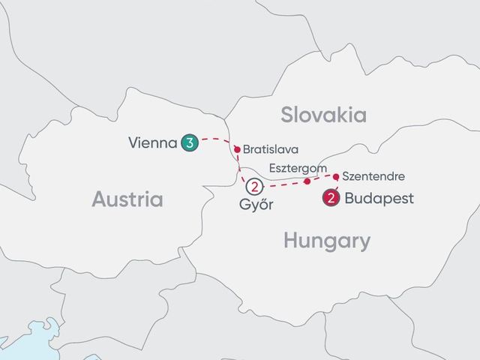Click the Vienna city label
click(152, 141)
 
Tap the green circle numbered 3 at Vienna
click(189, 141)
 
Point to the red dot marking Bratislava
click(237, 149)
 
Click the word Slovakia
click(323, 115)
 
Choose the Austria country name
click(127, 199)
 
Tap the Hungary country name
click(327, 241)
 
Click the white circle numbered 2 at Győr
click(256, 187)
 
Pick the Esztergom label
click(297, 168)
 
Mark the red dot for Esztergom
click(307, 181)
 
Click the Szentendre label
click(373, 177)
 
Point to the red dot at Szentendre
click(336, 177)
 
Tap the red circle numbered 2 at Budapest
click(329, 199)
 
